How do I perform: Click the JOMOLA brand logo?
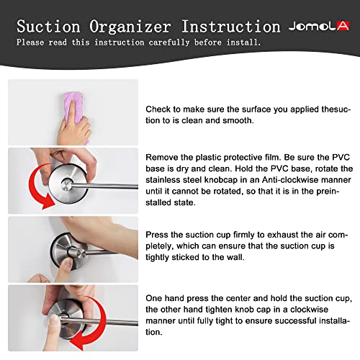(x=319, y=26)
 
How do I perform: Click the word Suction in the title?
(x=48, y=26)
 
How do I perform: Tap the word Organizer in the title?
(x=130, y=27)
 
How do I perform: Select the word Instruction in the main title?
(x=230, y=26)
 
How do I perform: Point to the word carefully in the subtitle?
(x=169, y=42)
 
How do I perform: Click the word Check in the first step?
(x=158, y=109)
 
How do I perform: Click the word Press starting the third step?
(x=157, y=235)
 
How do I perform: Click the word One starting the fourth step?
(x=154, y=298)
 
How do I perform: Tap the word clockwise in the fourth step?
(x=309, y=310)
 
